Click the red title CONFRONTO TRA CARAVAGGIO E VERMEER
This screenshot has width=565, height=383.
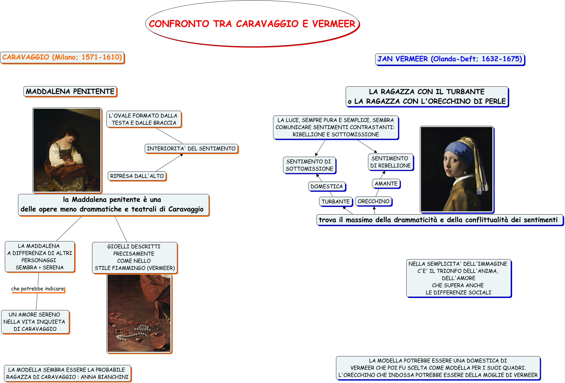point(252,24)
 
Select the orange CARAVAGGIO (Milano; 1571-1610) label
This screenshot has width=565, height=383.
point(62,57)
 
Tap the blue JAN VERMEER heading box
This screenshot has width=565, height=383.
point(449,59)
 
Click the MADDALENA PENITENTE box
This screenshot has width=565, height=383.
point(70,92)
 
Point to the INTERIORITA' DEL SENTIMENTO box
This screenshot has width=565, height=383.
point(191,149)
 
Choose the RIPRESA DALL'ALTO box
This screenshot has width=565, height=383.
point(137,176)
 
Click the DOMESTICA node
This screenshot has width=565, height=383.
point(327,186)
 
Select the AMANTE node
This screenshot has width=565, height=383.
point(386,184)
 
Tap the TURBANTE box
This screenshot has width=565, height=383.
point(335,201)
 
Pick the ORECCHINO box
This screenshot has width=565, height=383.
point(373,201)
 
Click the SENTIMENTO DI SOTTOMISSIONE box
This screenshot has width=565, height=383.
point(309,165)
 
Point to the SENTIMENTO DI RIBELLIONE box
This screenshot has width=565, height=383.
point(390,162)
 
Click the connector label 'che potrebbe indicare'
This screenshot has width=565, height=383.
point(37,289)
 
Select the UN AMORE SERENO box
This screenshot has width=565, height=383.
point(35,322)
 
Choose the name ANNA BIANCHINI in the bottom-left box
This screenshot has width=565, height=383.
point(105,377)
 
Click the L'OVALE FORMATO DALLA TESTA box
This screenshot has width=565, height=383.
point(144,119)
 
